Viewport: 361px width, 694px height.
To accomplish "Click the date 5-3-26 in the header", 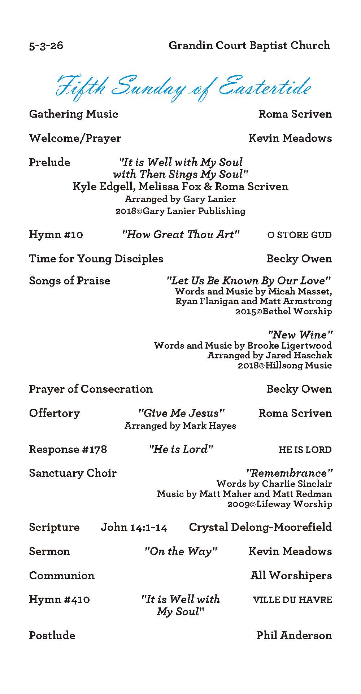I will tap(46, 46).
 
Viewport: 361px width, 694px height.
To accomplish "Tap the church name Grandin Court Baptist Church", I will tap(249, 45).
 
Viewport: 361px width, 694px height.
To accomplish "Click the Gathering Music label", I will tap(73, 114).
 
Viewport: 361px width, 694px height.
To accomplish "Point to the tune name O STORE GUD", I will tap(299, 235).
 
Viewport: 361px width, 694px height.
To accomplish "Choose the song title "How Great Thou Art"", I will tap(181, 235).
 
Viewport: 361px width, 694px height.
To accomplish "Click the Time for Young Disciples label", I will tap(96, 259).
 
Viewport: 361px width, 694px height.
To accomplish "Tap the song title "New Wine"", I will tap(300, 335).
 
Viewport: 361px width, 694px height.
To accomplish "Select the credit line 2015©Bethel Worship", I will tap(283, 311).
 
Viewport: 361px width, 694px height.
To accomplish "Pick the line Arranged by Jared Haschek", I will tap(269, 355).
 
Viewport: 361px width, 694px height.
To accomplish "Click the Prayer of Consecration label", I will tap(91, 389).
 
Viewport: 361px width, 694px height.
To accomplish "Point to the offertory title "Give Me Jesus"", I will tap(182, 413).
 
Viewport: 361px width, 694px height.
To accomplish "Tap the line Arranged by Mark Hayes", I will tap(180, 426).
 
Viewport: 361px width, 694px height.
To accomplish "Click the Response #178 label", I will tap(68, 449).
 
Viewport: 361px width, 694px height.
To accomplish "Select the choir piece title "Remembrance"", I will tap(289, 473).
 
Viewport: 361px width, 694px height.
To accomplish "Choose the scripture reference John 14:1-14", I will tap(134, 527).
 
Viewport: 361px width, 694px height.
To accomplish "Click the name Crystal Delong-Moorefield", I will tap(260, 527).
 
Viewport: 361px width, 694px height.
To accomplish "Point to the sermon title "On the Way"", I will tap(181, 551).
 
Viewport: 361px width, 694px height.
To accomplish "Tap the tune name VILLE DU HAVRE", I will tap(292, 600).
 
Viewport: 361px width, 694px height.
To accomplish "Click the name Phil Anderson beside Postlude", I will tap(294, 636).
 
